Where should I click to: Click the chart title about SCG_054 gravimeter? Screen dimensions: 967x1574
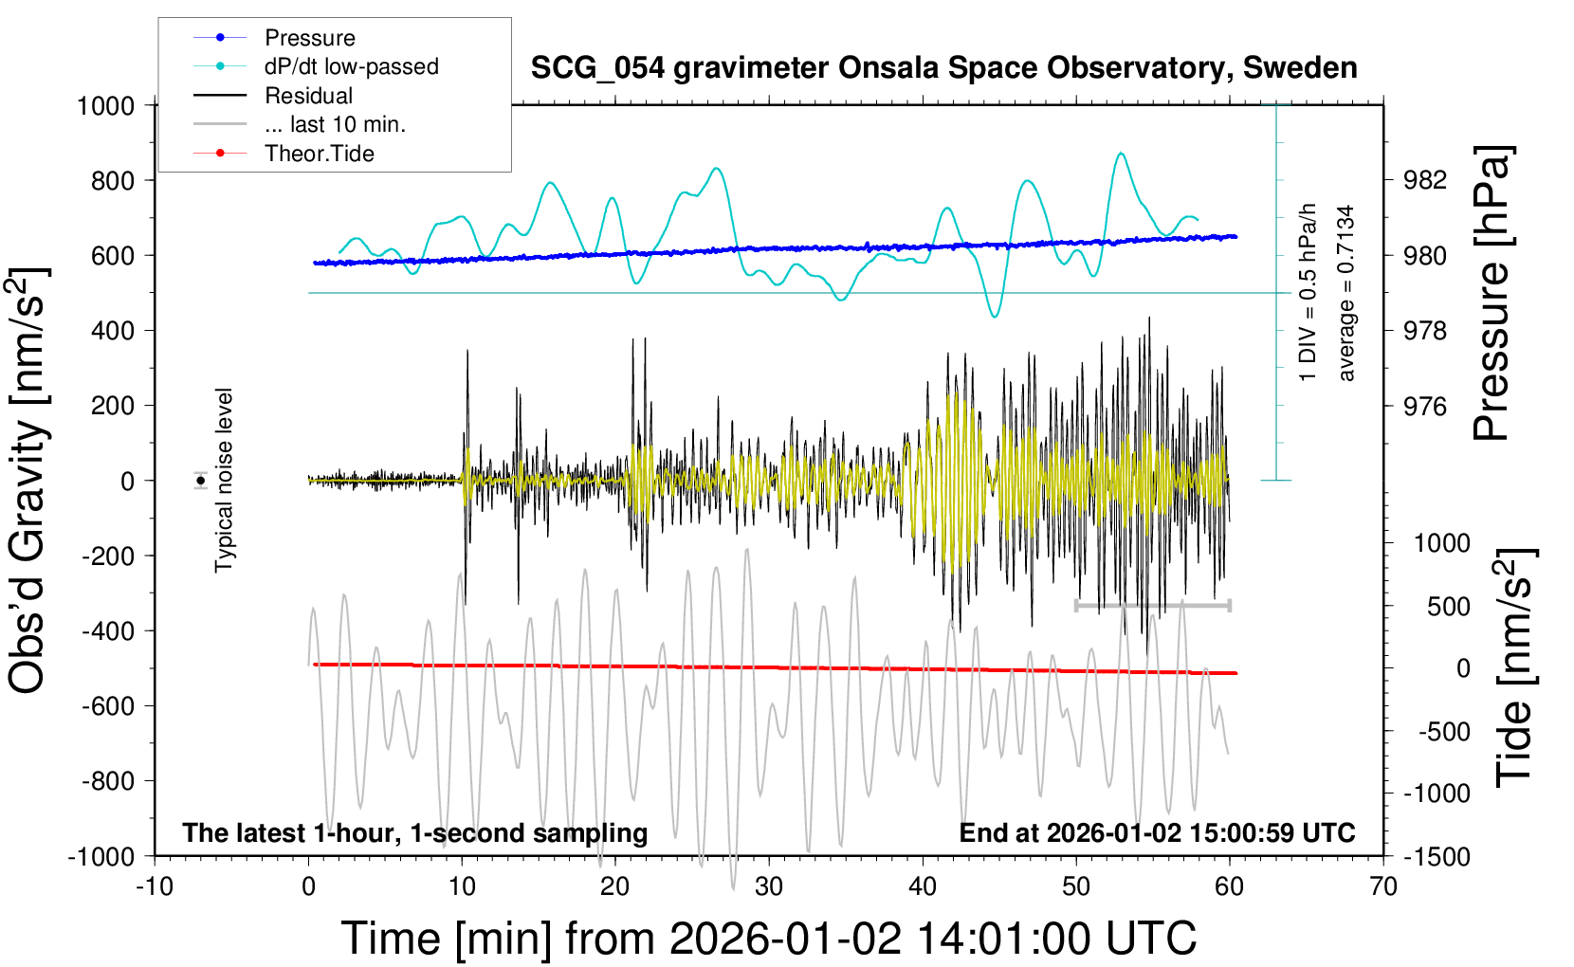pos(943,68)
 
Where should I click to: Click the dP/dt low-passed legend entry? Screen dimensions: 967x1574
pos(351,66)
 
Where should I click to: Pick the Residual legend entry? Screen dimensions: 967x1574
pos(308,96)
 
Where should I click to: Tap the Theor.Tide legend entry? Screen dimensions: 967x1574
pos(319,154)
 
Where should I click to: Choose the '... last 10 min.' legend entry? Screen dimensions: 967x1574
pos(335,124)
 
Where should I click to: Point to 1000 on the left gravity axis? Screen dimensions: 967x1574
pos(105,105)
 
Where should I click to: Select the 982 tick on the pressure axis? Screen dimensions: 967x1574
pos(1425,180)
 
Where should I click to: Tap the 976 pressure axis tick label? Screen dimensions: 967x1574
pos(1425,406)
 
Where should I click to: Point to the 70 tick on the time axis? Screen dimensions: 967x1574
pos(1383,887)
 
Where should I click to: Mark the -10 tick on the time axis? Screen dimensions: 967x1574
pos(155,887)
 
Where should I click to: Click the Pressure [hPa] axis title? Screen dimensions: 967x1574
pos(1492,293)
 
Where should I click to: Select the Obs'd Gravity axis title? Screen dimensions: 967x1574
pos(28,481)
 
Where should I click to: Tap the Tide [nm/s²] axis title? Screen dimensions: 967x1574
pos(1515,666)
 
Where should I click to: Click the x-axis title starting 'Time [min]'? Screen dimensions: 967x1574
pos(768,939)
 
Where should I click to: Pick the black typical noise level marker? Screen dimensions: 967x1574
pos(201,481)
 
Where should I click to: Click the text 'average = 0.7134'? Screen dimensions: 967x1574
pos(1346,293)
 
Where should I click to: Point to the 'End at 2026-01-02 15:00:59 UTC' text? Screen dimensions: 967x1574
pos(1157,833)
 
